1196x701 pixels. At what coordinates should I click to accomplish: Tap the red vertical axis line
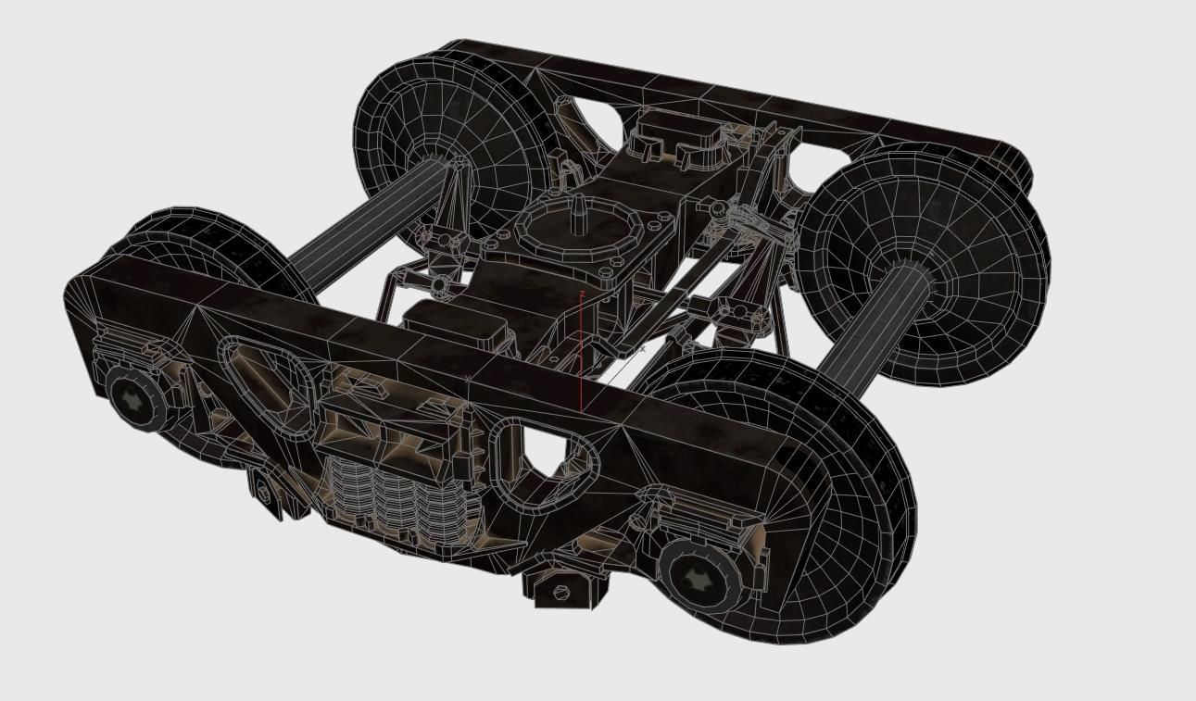pos(581,370)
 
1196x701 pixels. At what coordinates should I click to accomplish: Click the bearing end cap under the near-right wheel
pos(699,576)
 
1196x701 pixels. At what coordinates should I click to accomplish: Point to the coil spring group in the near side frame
pos(389,500)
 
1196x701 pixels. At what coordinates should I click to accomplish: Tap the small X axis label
pos(643,350)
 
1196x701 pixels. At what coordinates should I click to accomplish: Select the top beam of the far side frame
pos(741,93)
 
